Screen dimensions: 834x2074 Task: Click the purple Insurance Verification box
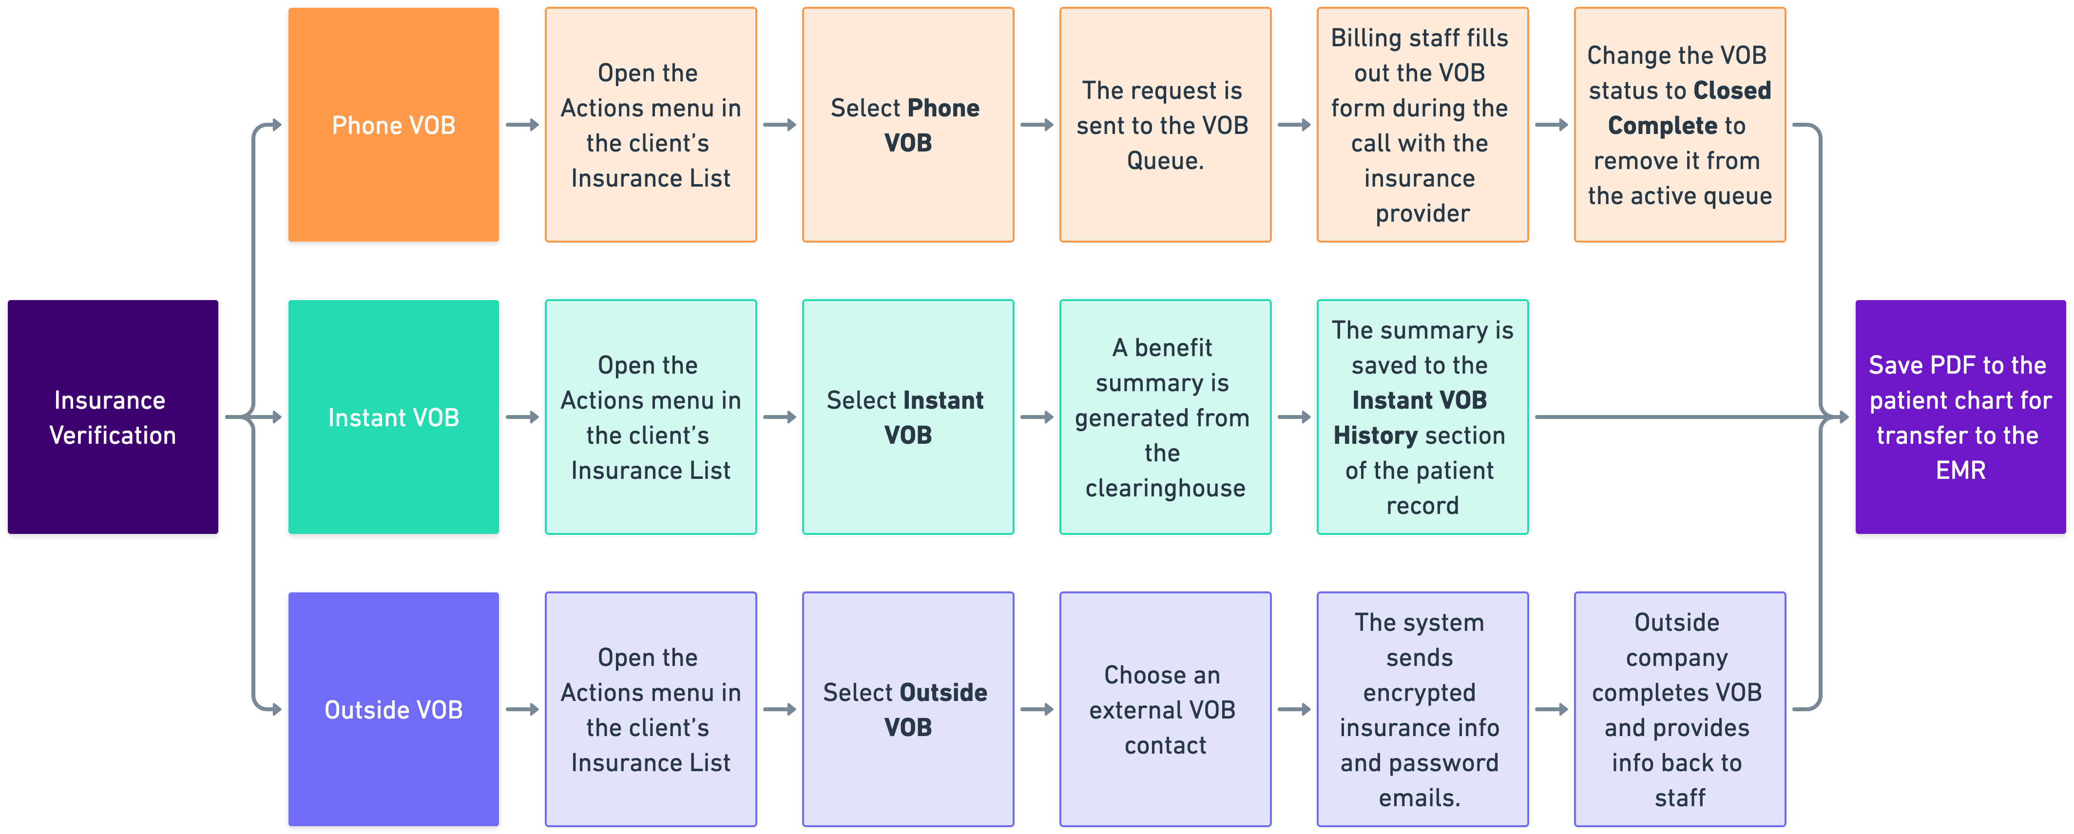point(113,417)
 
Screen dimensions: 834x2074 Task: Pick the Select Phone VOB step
point(907,125)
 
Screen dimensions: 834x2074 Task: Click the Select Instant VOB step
point(907,417)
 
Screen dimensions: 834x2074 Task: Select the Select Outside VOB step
point(907,709)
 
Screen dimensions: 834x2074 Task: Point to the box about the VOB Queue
point(1165,125)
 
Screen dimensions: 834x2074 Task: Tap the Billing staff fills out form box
point(1422,125)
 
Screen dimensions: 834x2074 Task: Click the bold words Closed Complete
point(1679,108)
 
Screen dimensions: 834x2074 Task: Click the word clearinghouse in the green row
point(1165,488)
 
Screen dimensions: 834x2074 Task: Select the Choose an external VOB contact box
point(1165,709)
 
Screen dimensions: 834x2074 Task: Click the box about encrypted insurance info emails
point(1422,709)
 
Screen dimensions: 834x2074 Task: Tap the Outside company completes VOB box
point(1679,709)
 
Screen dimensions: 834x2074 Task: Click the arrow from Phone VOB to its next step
point(522,125)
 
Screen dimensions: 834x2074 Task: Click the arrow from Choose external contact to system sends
point(1294,709)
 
